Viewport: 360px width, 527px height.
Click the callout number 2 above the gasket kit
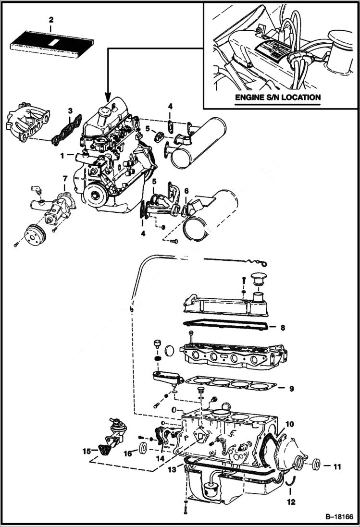pyautogui.click(x=51, y=20)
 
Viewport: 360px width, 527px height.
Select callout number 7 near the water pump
pyautogui.click(x=64, y=179)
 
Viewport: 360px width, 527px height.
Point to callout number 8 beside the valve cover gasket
pyautogui.click(x=283, y=328)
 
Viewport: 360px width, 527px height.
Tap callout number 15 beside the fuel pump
pyautogui.click(x=87, y=451)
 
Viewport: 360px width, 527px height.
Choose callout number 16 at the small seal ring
pyautogui.click(x=127, y=453)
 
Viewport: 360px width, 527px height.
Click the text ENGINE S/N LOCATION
pyautogui.click(x=278, y=97)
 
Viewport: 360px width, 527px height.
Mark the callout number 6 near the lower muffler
pyautogui.click(x=186, y=191)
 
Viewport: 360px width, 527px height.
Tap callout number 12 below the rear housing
pyautogui.click(x=292, y=502)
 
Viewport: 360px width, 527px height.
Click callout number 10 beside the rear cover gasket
pyautogui.click(x=290, y=424)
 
